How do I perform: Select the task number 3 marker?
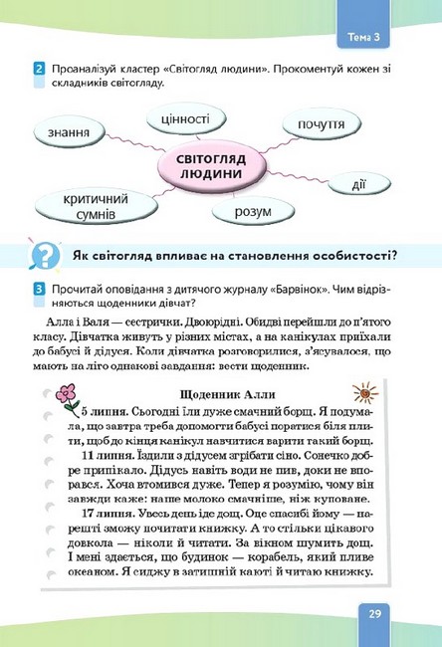[37, 287]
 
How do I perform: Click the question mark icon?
[44, 256]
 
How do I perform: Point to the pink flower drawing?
[67, 397]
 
